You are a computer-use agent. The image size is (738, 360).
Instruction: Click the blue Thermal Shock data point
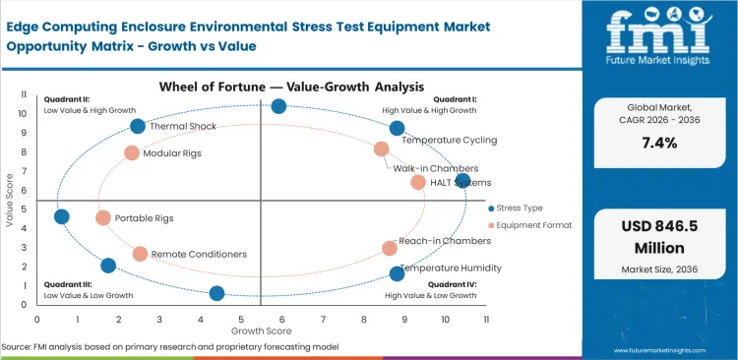coord(138,126)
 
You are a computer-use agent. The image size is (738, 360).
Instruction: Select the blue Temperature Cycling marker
coord(397,128)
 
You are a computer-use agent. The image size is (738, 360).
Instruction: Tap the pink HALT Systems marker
coord(418,182)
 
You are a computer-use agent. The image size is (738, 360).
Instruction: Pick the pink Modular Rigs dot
coord(132,152)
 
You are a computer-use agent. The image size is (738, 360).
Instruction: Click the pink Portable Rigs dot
coord(103,217)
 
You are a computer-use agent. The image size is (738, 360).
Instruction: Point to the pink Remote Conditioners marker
coord(140,254)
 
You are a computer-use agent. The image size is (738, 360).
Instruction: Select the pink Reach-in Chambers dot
coord(390,248)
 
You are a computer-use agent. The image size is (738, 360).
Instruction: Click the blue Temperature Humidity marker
coord(397,273)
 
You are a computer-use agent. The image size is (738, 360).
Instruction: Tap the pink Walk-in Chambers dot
coord(382,150)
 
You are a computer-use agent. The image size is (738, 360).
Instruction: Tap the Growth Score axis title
coord(261,330)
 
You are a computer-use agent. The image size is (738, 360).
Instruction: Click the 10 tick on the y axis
coord(24,113)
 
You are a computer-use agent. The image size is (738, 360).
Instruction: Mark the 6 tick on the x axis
coord(281,319)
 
